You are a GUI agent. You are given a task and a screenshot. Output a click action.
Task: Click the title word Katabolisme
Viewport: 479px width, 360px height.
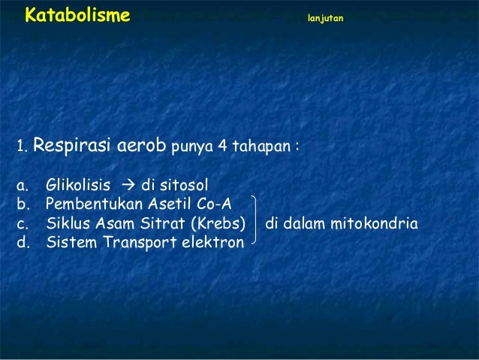77,15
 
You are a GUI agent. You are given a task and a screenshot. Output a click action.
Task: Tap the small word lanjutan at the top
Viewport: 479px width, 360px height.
325,17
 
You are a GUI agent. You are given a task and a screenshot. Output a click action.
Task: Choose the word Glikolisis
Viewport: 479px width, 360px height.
78,185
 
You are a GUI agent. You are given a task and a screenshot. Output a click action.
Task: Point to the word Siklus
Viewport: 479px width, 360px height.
65,224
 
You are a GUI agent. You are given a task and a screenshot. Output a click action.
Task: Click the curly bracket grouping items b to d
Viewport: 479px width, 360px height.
256,222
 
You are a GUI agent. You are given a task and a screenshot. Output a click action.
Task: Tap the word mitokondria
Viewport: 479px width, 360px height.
376,224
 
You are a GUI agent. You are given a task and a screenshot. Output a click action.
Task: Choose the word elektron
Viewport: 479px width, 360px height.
213,243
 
